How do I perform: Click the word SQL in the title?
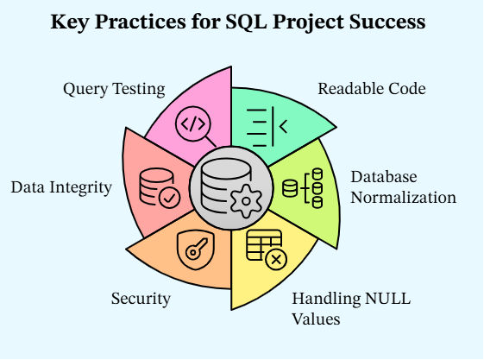(246, 22)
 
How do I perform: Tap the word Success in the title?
(387, 22)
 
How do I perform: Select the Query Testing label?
(114, 89)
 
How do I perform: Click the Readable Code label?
(372, 89)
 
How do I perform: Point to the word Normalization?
(404, 198)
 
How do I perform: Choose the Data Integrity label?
(61, 187)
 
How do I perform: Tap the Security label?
(141, 299)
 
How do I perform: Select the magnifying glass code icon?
(195, 127)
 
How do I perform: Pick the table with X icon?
(267, 249)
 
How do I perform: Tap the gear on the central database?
(246, 201)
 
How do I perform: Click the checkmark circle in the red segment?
(169, 198)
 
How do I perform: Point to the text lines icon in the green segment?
(267, 127)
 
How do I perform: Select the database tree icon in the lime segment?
(303, 188)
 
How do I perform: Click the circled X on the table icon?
(276, 259)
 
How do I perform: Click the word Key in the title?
(70, 22)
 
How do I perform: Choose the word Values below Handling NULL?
(316, 319)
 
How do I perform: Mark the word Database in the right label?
(384, 177)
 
